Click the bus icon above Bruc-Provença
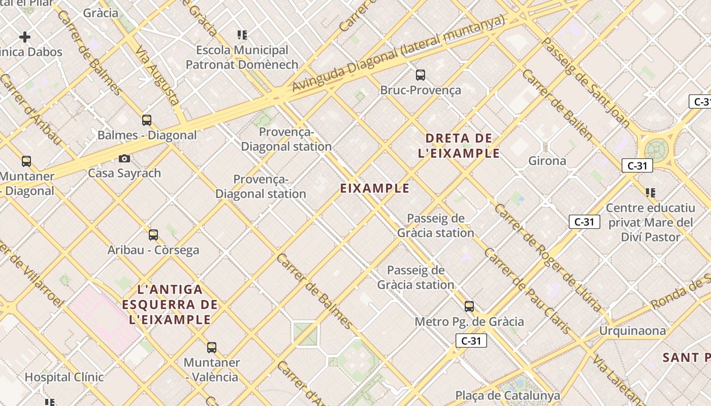click(421, 75)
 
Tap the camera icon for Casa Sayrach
click(124, 159)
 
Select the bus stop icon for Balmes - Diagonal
click(147, 120)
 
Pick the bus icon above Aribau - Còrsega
click(153, 235)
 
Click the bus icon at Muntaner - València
click(212, 348)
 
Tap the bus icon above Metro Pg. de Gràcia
click(469, 307)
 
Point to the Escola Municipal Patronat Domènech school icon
click(242, 35)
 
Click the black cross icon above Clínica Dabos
click(25, 37)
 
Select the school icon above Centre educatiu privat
click(651, 193)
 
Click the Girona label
click(547, 161)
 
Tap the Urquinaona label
click(632, 331)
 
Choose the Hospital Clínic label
click(64, 377)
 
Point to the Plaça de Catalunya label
click(507, 395)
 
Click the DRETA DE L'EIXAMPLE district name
click(459, 146)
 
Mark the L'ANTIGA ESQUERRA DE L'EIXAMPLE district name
click(170, 304)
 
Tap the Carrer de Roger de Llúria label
click(548, 259)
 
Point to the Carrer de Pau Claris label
click(526, 290)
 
